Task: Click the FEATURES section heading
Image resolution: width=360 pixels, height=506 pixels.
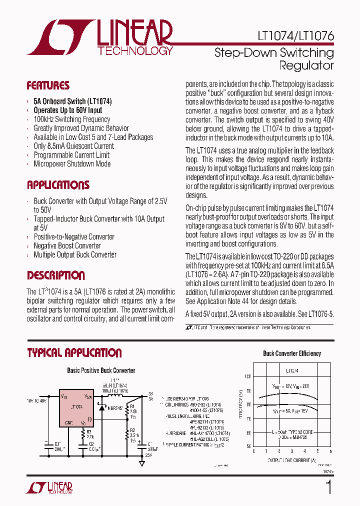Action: (x=48, y=85)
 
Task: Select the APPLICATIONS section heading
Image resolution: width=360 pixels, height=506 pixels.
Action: (x=58, y=185)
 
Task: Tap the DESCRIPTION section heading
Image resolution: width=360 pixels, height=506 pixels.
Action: (x=55, y=275)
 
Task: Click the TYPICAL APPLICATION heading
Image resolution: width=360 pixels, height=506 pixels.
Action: (x=74, y=353)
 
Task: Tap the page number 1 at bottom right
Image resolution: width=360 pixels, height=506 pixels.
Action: (x=328, y=487)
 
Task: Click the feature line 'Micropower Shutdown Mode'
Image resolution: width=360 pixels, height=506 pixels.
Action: (x=72, y=164)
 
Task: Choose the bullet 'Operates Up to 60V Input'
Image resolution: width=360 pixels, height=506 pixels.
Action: (x=67, y=110)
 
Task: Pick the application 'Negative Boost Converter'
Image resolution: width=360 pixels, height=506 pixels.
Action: (x=67, y=245)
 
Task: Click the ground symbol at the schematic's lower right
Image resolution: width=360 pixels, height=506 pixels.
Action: (x=141, y=463)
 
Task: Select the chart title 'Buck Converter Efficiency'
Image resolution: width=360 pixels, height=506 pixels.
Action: (x=292, y=353)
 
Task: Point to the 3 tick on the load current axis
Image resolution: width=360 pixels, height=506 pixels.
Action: (x=292, y=451)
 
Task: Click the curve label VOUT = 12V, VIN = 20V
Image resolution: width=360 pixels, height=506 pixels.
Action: (x=291, y=386)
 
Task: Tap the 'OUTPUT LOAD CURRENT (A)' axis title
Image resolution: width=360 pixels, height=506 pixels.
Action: (x=292, y=459)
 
